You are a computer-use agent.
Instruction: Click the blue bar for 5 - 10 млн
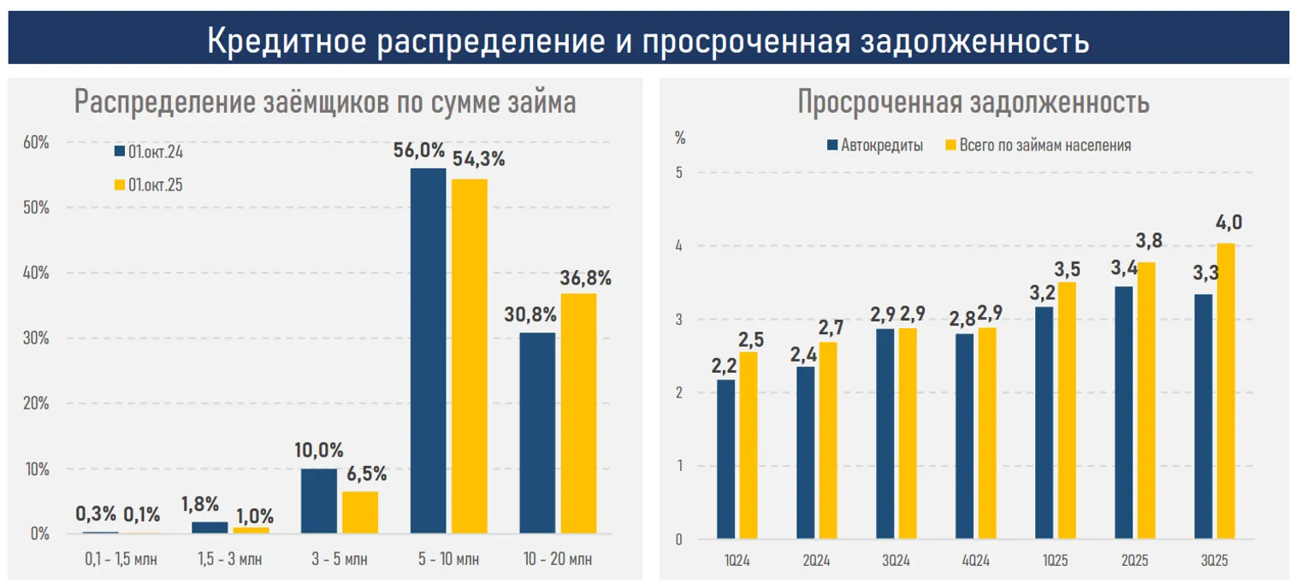coord(428,350)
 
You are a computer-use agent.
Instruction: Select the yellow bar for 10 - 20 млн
coord(578,414)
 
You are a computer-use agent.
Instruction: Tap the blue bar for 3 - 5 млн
coord(318,501)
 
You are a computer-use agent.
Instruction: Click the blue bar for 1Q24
coord(725,459)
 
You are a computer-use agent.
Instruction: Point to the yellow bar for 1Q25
coord(1066,410)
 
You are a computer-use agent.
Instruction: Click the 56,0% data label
coord(419,151)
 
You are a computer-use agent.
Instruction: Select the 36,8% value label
coord(586,278)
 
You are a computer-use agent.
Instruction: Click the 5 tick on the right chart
coord(679,173)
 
